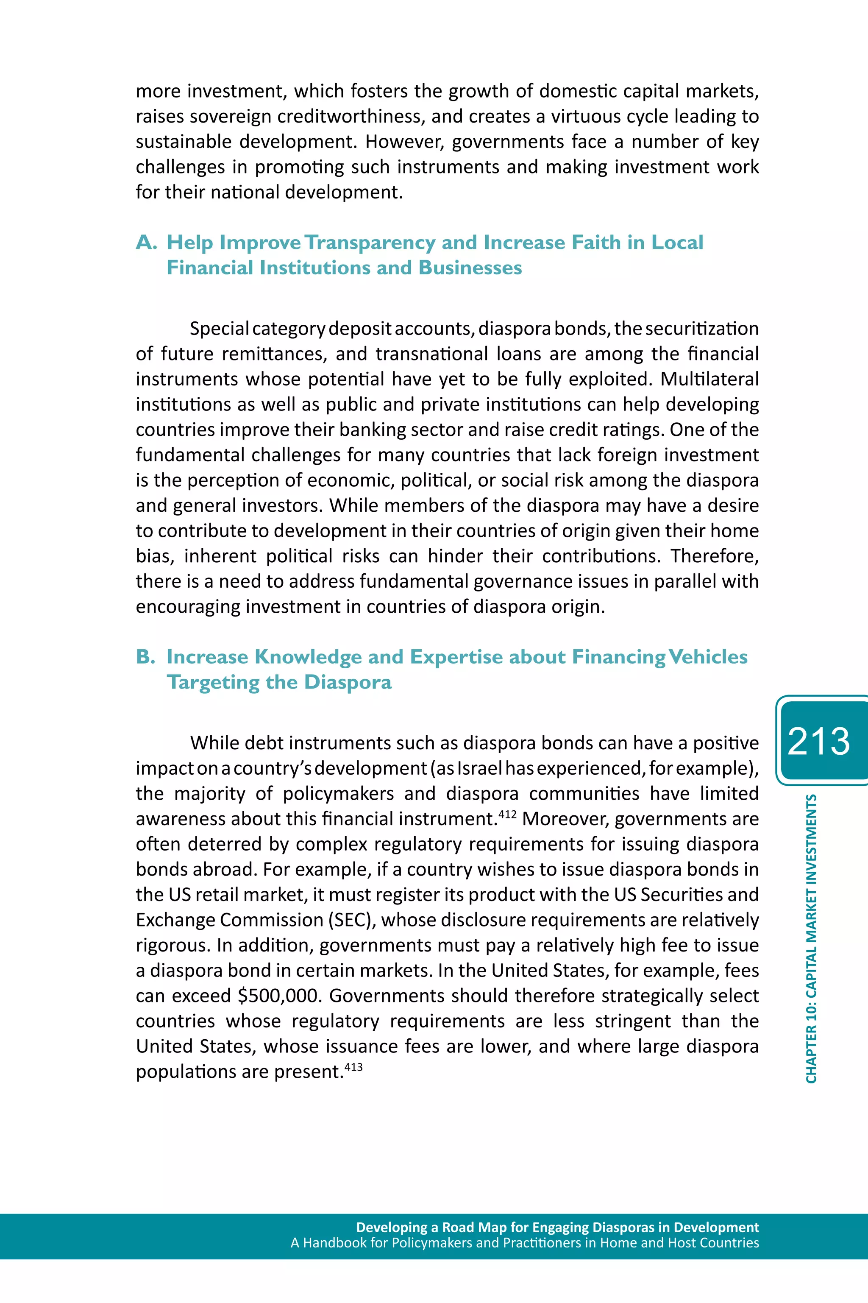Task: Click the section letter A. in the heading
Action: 147,243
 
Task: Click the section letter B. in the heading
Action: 146,657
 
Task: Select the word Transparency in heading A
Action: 370,243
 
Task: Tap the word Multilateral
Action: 709,379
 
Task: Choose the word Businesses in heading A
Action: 470,268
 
